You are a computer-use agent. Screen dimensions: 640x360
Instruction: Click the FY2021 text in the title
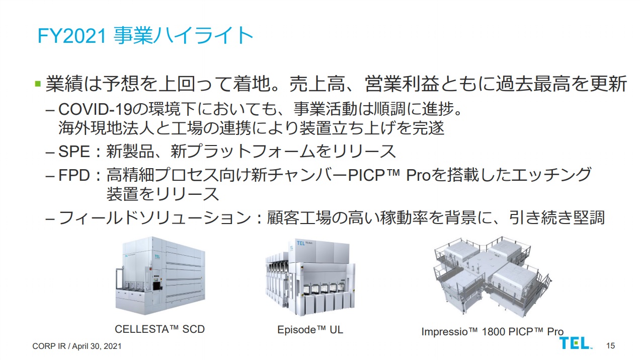(x=72, y=36)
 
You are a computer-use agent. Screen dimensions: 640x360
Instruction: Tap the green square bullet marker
(x=38, y=84)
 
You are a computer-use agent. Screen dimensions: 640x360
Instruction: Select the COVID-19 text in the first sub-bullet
(x=96, y=109)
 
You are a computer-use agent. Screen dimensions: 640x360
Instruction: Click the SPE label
(x=74, y=151)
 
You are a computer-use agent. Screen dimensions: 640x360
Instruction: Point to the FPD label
(x=74, y=175)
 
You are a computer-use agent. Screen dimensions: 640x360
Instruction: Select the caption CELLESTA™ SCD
(x=159, y=329)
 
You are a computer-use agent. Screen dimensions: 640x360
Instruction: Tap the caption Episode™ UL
(x=310, y=330)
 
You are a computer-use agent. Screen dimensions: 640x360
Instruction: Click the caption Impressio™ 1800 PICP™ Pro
(x=492, y=332)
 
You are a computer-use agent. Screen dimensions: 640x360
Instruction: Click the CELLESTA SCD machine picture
(x=161, y=276)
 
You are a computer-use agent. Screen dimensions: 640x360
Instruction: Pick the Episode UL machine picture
(x=310, y=277)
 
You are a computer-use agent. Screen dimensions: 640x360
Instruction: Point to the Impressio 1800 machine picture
(x=493, y=277)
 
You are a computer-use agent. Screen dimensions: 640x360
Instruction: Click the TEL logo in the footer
(x=575, y=343)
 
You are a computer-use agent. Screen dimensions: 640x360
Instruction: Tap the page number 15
(x=610, y=346)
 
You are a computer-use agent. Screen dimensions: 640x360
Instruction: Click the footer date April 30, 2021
(x=97, y=346)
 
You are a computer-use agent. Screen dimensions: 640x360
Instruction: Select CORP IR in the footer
(x=49, y=346)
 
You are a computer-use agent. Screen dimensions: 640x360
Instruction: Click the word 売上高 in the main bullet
(x=317, y=84)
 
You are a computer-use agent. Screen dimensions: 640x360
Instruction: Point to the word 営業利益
(x=402, y=84)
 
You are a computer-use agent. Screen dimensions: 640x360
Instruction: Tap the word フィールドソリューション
(x=154, y=218)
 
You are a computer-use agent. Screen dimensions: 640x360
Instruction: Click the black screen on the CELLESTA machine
(x=157, y=286)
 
